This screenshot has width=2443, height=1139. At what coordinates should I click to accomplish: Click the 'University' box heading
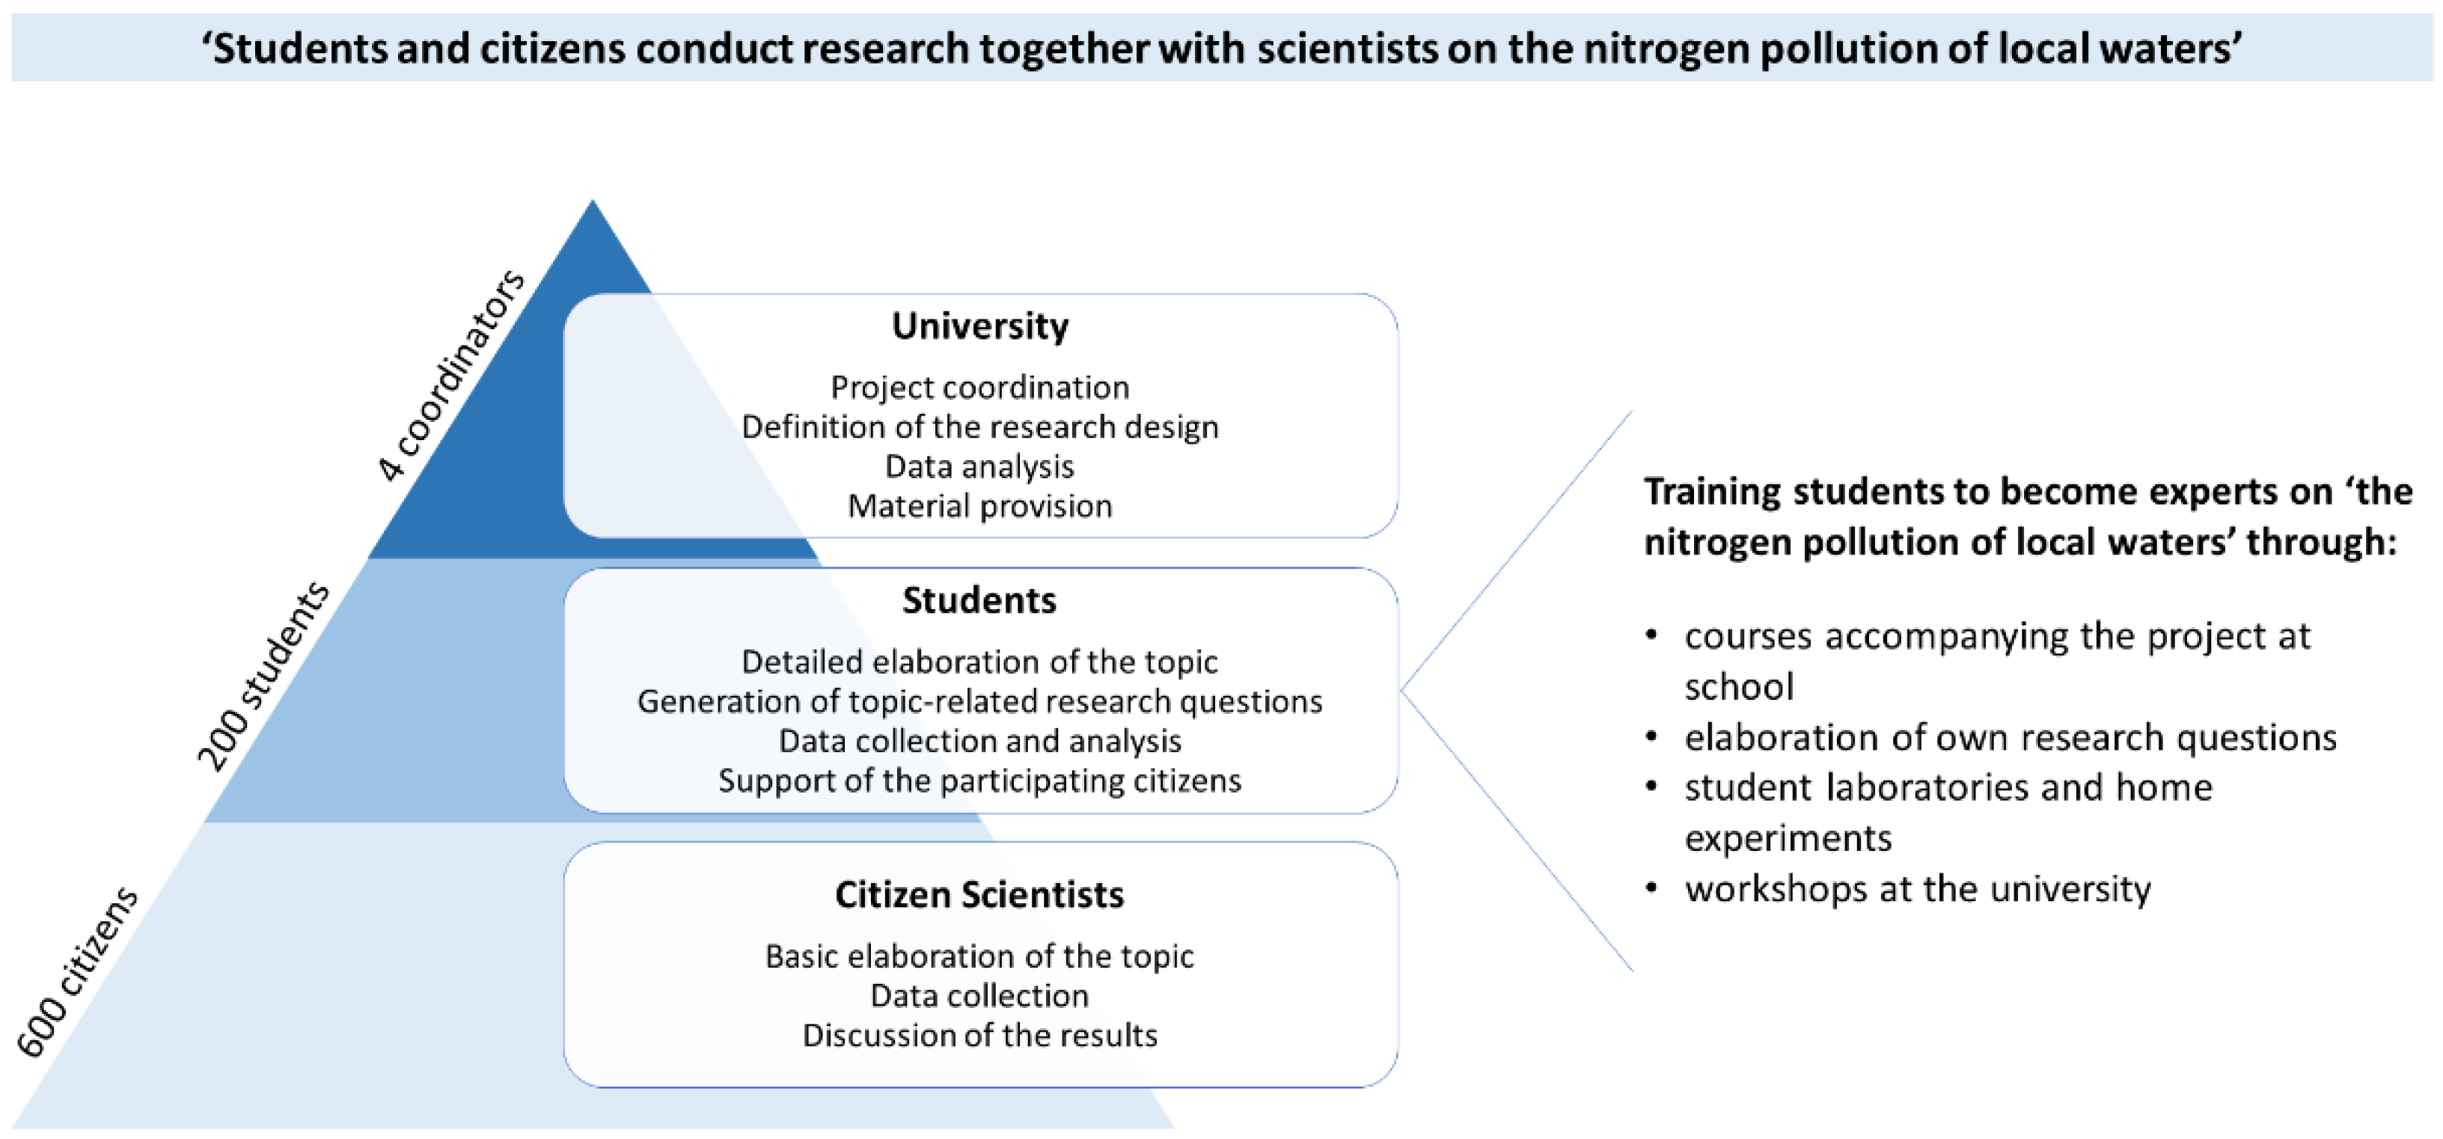pos(979,326)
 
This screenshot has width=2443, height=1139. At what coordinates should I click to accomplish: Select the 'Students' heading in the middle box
pos(979,600)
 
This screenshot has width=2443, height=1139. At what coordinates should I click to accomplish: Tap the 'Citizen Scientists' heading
pos(979,894)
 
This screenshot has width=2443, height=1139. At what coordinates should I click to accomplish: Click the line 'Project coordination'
pos(979,387)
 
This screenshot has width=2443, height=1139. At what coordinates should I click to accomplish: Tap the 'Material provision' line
pos(979,507)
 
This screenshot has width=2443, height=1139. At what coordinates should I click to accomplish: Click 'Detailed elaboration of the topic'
pos(979,662)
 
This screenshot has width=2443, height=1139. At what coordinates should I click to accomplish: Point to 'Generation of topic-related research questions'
pos(979,702)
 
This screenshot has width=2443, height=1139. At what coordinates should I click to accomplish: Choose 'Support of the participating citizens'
pos(979,781)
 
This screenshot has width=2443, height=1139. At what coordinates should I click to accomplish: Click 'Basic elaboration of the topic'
pos(979,956)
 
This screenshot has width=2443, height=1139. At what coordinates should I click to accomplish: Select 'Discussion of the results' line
pos(979,1035)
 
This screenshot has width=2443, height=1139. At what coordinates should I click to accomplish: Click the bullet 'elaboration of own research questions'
pos(2011,738)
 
